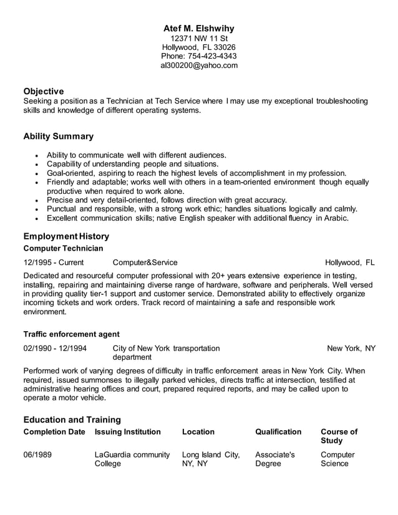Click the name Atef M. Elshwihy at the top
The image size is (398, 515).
(x=199, y=29)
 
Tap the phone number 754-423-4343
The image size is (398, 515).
(x=214, y=56)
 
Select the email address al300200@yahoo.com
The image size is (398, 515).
(x=199, y=65)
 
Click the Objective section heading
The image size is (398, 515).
(x=44, y=91)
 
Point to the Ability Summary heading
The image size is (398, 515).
(x=59, y=136)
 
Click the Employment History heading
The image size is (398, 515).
(x=66, y=236)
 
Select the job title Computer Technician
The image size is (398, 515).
(x=64, y=248)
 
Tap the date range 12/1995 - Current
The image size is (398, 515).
(x=54, y=262)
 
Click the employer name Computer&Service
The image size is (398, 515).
(x=145, y=262)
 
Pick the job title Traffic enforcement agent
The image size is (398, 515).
(x=72, y=334)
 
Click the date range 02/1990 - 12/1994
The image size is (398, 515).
(x=55, y=348)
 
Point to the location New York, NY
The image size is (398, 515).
(x=351, y=348)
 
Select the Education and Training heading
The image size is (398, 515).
(x=72, y=420)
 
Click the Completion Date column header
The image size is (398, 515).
(x=54, y=431)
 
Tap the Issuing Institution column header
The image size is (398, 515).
(x=128, y=431)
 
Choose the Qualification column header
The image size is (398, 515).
(x=278, y=431)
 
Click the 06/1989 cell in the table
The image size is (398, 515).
(x=37, y=455)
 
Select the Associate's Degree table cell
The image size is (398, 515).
(x=275, y=459)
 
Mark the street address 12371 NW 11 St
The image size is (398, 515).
(x=199, y=38)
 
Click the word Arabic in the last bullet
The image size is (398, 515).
(x=336, y=218)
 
